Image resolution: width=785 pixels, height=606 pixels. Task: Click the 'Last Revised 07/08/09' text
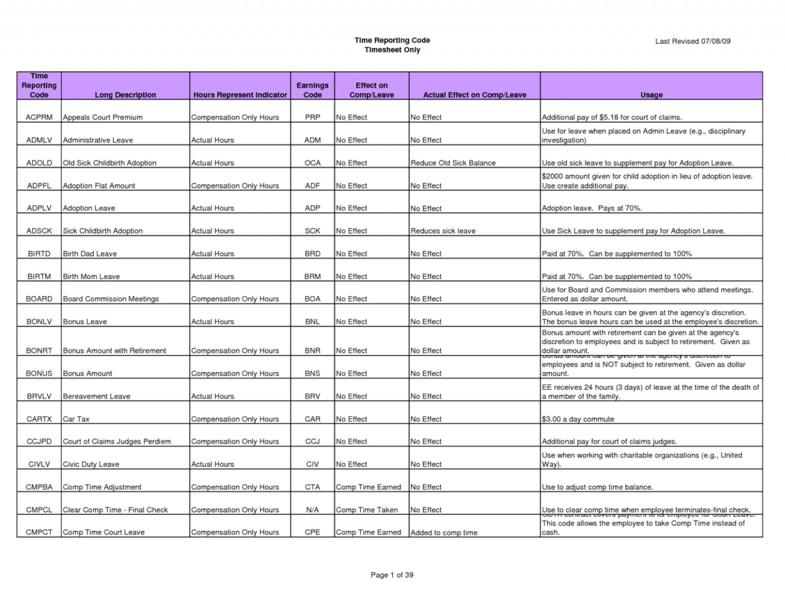pos(692,41)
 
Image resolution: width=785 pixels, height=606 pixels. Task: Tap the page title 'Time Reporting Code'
pos(392,40)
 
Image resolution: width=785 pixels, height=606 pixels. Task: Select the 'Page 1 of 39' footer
pos(392,575)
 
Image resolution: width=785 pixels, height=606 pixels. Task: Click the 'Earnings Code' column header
pos(312,90)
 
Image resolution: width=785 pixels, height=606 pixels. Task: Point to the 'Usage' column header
pos(651,95)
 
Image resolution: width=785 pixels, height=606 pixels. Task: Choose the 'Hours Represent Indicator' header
pos(240,95)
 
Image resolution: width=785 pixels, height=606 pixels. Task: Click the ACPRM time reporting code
pos(39,117)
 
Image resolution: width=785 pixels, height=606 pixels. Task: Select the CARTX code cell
pos(39,419)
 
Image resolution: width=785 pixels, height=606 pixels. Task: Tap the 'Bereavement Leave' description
pos(97,396)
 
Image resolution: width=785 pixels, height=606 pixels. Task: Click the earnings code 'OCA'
pos(312,163)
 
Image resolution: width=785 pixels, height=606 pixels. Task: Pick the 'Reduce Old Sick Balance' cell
pos(452,163)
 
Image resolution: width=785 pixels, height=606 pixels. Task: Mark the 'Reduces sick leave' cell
pos(442,231)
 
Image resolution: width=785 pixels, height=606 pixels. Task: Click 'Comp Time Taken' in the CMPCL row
pos(367,510)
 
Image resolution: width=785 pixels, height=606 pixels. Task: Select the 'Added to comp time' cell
pos(444,533)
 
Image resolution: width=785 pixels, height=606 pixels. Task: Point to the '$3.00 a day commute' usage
pos(578,419)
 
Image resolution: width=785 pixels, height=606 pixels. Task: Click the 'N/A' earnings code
pos(312,510)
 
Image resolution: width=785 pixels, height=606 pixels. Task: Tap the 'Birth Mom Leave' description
pos(91,277)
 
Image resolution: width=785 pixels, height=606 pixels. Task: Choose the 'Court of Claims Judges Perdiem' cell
pos(117,442)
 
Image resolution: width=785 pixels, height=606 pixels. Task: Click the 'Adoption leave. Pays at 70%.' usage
pos(592,209)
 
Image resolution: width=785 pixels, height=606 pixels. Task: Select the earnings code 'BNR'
pos(312,351)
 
